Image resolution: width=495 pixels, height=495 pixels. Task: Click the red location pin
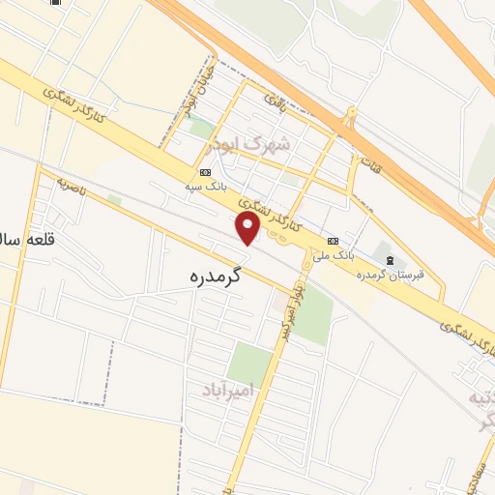(x=248, y=227)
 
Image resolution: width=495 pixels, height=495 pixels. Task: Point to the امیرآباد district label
(x=227, y=390)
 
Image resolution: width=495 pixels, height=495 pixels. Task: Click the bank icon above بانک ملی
(x=333, y=241)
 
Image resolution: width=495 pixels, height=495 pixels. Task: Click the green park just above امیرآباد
(x=249, y=363)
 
